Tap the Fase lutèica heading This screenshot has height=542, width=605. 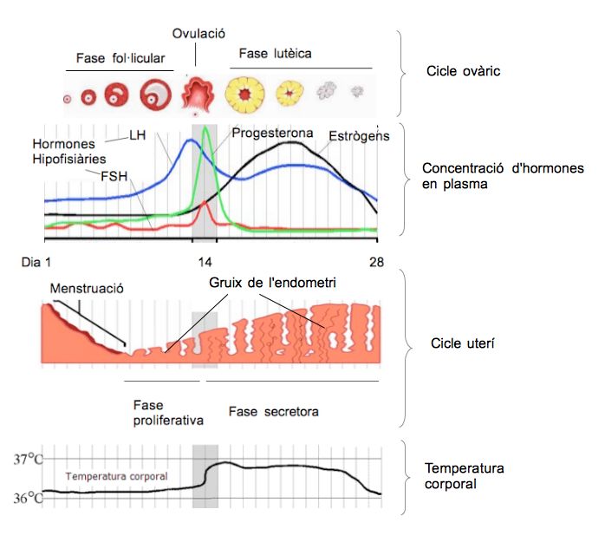276,54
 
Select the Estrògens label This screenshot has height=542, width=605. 359,136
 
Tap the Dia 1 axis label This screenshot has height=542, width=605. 36,262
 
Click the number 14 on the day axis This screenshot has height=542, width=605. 205,262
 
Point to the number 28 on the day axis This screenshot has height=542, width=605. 377,262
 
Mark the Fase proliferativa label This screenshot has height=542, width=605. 168,413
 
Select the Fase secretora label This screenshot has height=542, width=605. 273,412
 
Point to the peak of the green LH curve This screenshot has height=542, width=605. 205,127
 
